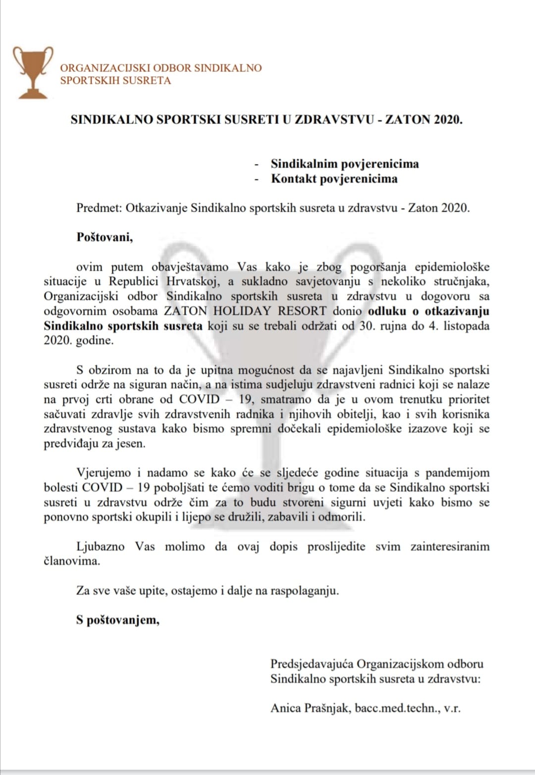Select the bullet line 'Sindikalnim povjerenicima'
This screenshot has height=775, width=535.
coord(344,164)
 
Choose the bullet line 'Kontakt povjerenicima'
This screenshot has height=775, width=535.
coord(334,179)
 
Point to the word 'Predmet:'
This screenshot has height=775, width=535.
coord(99,208)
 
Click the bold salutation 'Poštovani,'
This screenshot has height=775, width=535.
coord(105,237)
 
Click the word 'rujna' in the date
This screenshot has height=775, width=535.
coord(376,326)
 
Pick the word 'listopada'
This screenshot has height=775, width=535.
coord(466,326)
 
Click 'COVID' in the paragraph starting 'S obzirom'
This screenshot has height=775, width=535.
coord(199,399)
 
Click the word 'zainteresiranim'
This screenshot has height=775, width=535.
coord(450,547)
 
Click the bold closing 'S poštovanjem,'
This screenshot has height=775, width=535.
coord(118,620)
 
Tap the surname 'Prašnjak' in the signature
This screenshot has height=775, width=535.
coord(328,708)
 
